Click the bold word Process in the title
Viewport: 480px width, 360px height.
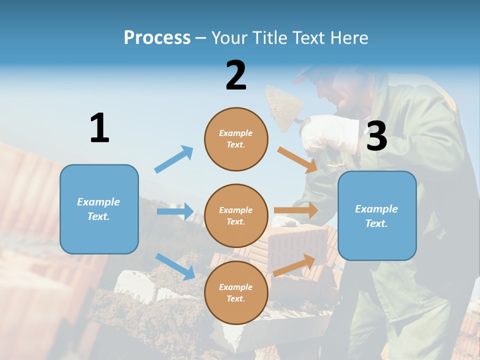pos(157,37)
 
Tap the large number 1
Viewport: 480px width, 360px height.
pos(99,128)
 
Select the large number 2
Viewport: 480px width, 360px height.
pos(236,75)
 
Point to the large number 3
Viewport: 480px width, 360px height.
pos(376,136)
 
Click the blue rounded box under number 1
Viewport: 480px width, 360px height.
pos(99,209)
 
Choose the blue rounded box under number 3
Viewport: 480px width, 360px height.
pos(377,215)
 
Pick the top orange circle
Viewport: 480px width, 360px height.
pos(236,139)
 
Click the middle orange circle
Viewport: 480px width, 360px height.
pos(236,215)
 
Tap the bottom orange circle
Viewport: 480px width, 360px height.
pos(236,292)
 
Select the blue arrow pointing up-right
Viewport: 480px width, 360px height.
pos(174,159)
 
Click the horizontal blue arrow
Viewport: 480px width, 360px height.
pos(175,211)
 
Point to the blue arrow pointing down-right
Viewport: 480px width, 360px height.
pos(175,266)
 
